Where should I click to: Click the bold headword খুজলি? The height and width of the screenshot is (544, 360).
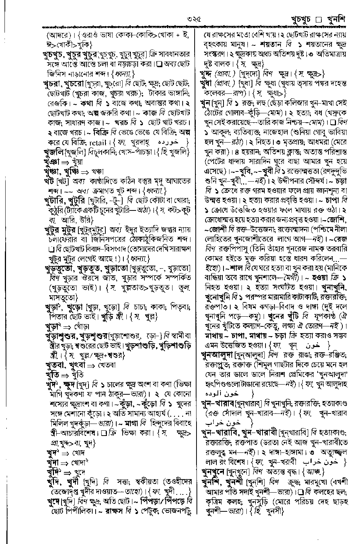(x=54, y=152)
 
